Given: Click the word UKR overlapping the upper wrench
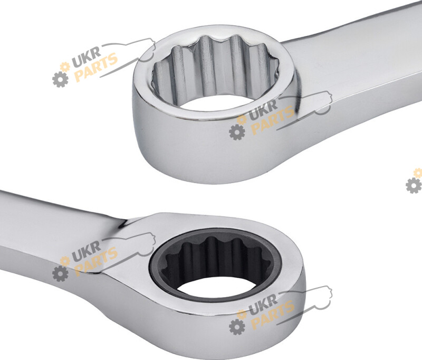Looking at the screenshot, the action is click(263, 108).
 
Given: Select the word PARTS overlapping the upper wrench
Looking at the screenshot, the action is click(272, 120).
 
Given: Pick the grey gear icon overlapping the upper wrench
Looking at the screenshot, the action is click(237, 132).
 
